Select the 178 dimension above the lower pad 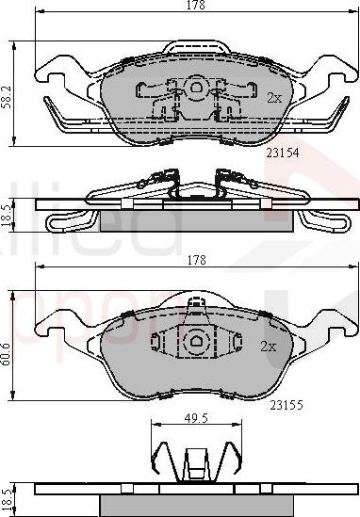[x=195, y=258]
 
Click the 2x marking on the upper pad [x=273, y=97]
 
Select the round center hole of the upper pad [x=197, y=87]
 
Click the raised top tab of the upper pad [x=196, y=47]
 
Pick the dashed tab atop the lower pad [x=196, y=306]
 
